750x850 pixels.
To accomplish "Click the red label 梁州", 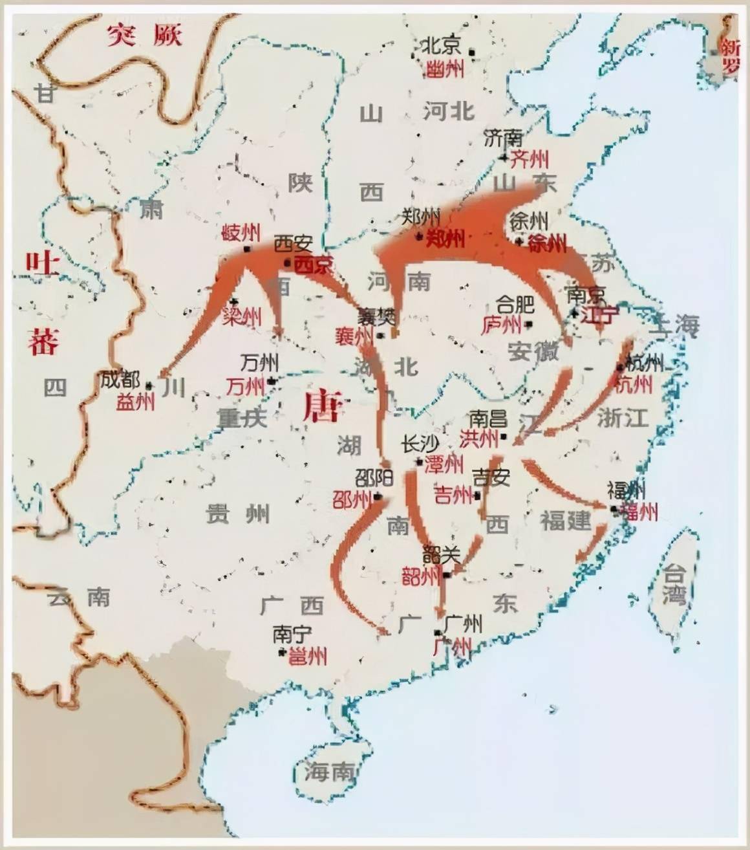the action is [x=242, y=317].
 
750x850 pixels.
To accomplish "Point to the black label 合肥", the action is [x=515, y=304].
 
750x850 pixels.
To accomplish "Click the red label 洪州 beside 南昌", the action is [x=479, y=439].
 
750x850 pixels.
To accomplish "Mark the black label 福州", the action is [x=627, y=490].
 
